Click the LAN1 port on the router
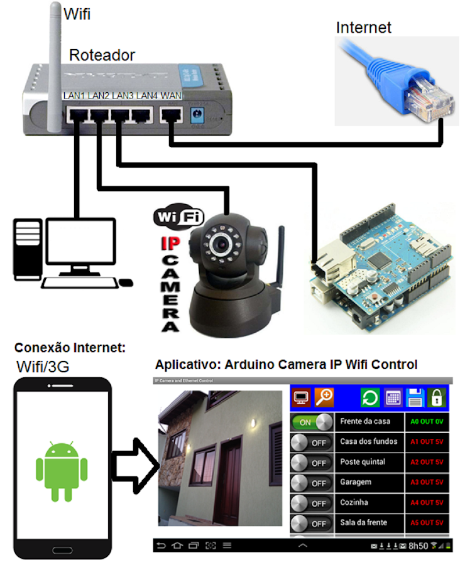click(77, 115)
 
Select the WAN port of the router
click(170, 115)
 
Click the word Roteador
click(102, 55)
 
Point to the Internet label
click(363, 28)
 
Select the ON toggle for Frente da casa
click(312, 422)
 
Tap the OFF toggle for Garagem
click(312, 483)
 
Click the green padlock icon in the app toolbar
click(437, 397)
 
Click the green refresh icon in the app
click(370, 397)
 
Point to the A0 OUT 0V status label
click(427, 422)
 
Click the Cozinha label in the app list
click(354, 502)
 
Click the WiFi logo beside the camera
click(178, 218)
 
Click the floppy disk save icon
click(415, 397)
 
